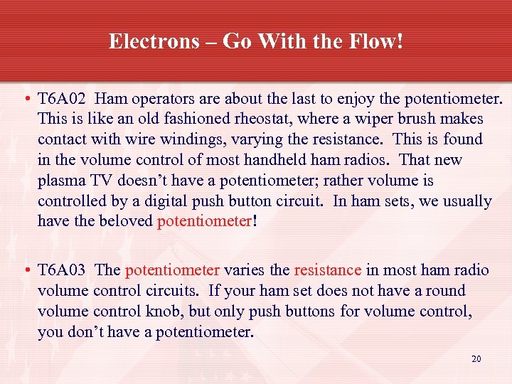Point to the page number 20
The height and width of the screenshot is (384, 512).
pyautogui.click(x=476, y=359)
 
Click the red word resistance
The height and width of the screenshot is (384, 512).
pyautogui.click(x=328, y=270)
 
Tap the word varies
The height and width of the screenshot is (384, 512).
pyautogui.click(x=245, y=270)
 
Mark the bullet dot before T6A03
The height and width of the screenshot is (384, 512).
pyautogui.click(x=26, y=271)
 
